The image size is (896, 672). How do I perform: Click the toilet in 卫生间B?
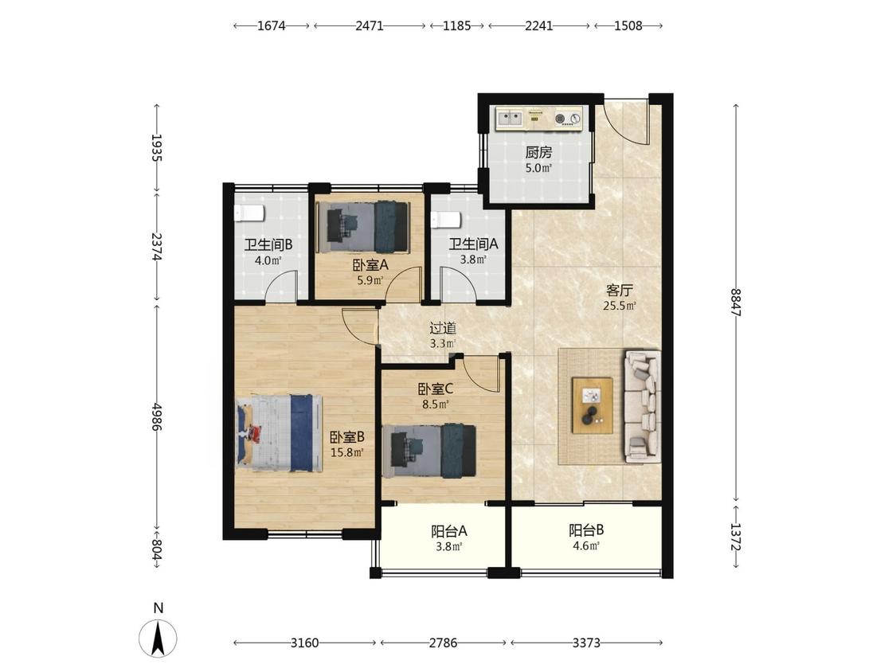tap(249, 213)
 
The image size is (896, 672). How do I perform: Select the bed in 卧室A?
tap(362, 227)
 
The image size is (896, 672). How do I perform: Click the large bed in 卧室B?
tap(280, 432)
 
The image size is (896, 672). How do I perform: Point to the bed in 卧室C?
tap(429, 451)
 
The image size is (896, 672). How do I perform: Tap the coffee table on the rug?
tap(593, 406)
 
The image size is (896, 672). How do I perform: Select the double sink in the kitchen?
tap(511, 119)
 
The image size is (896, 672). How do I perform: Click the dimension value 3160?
tap(304, 643)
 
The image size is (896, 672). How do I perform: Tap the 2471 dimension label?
tap(369, 25)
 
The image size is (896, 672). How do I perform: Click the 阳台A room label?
tap(449, 531)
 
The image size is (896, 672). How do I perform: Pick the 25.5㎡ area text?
tap(620, 306)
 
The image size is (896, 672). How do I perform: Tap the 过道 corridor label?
tap(443, 328)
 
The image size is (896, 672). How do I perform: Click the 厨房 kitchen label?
tap(539, 153)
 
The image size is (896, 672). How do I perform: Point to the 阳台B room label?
tap(586, 529)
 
